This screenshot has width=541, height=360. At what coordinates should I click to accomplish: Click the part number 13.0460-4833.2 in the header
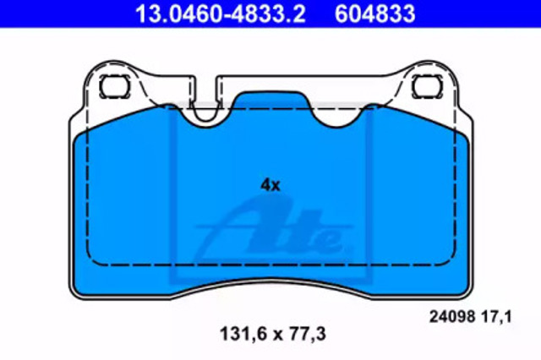pyautogui.click(x=220, y=14)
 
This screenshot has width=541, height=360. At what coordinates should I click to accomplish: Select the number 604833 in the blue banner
pyautogui.click(x=374, y=14)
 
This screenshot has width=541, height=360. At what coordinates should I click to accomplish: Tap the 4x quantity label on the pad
pyautogui.click(x=270, y=186)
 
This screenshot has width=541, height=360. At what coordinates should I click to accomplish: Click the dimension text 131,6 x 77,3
pyautogui.click(x=272, y=334)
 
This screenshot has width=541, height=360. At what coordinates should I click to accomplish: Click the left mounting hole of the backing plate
pyautogui.click(x=115, y=86)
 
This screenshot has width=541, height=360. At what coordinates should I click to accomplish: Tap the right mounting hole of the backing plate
pyautogui.click(x=428, y=86)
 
